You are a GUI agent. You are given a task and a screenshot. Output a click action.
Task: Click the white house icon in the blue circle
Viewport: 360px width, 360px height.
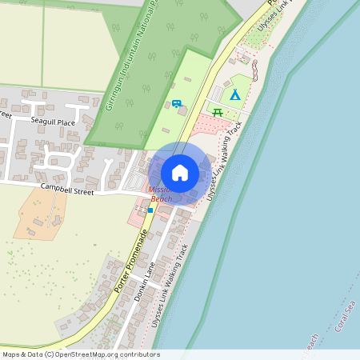[x=180, y=172]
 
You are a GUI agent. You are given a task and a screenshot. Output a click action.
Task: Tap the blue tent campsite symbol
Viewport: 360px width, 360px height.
[x=234, y=94]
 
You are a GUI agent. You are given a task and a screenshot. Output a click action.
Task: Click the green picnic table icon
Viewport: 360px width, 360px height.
[x=218, y=112]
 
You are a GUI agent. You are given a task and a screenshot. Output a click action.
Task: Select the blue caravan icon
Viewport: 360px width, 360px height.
[x=176, y=103]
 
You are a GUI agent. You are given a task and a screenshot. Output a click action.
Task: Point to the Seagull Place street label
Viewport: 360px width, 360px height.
[x=53, y=122]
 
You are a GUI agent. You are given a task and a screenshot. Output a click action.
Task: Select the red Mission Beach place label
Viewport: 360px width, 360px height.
[x=161, y=194]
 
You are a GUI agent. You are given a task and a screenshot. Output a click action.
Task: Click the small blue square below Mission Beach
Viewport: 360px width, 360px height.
[x=150, y=210]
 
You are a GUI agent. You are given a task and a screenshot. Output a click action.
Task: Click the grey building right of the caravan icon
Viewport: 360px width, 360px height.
[x=183, y=111]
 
